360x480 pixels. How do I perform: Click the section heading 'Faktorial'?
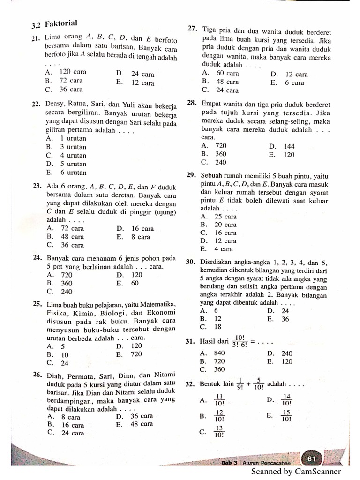click(x=61, y=23)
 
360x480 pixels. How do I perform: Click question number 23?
click(x=37, y=187)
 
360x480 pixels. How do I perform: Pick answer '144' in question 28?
click(x=289, y=146)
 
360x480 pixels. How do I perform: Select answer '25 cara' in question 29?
click(x=225, y=216)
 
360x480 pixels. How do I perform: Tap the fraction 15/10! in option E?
click(x=286, y=416)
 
